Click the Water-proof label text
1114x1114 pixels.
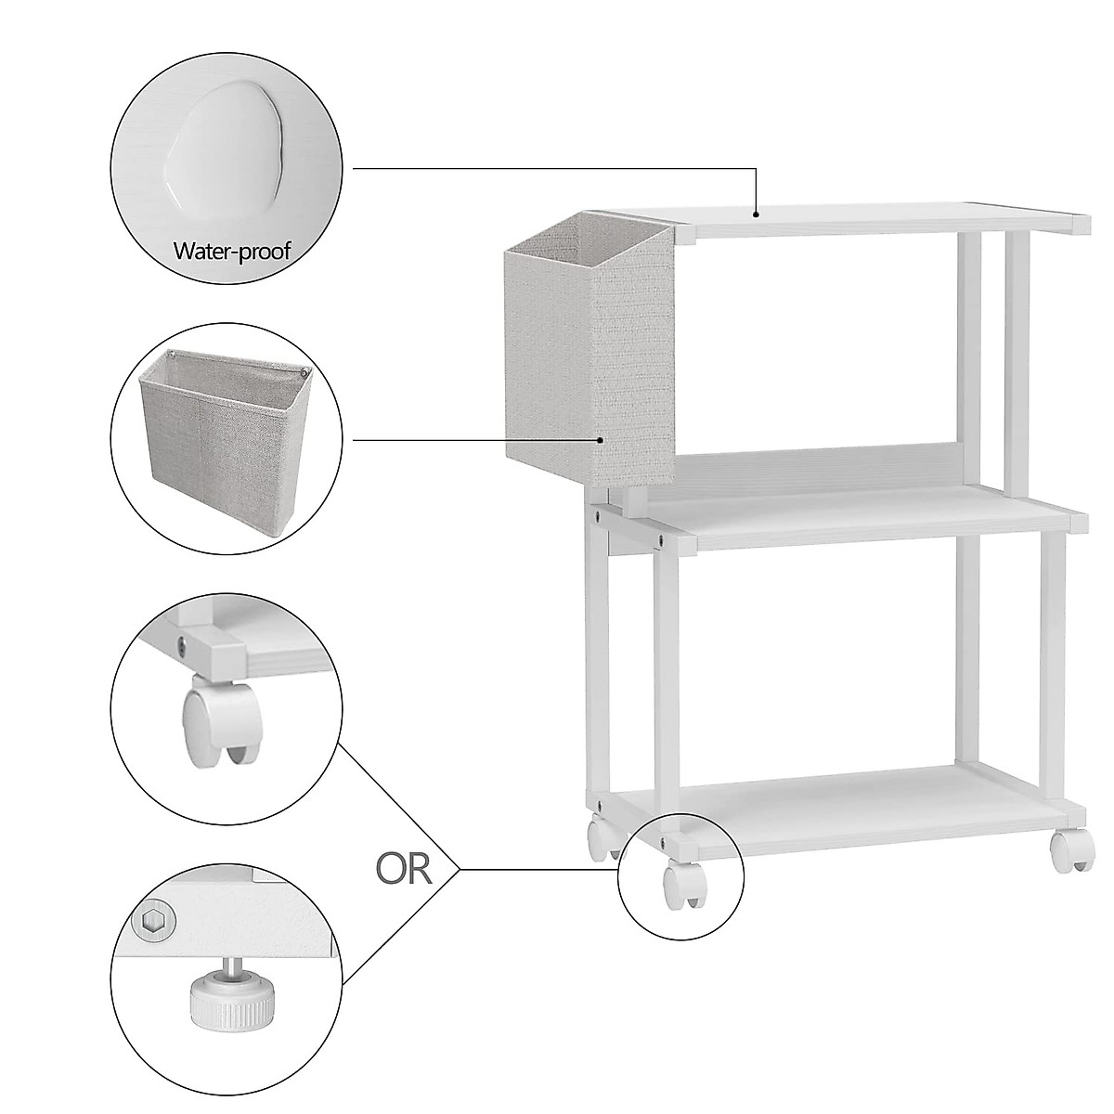point(232,251)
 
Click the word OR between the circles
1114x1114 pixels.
point(405,869)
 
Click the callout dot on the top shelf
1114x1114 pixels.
point(758,214)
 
